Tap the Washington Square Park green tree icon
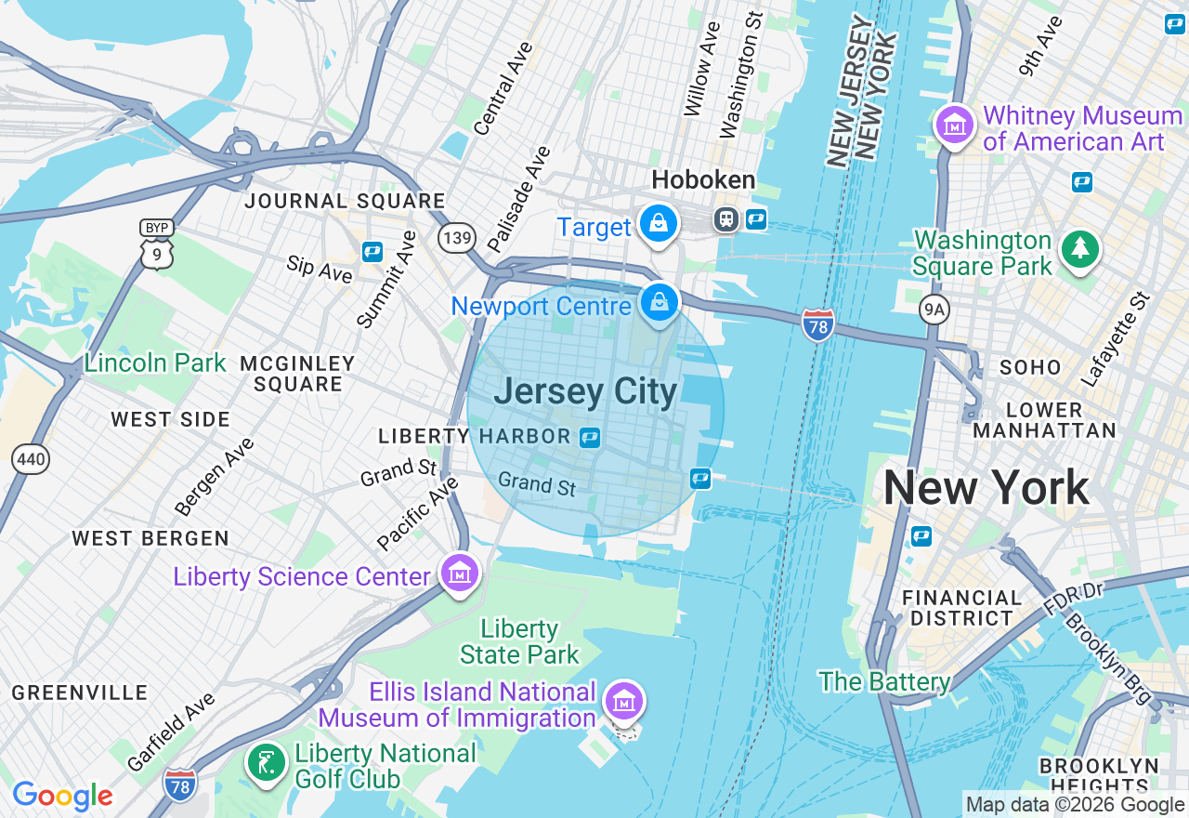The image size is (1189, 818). pyautogui.click(x=1080, y=248)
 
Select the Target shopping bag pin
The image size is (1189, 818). pyautogui.click(x=659, y=223)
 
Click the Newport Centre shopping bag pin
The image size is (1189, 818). pyautogui.click(x=659, y=302)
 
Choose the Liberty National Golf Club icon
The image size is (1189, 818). pyautogui.click(x=267, y=762)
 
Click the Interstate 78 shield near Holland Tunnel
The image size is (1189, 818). pyautogui.click(x=817, y=324)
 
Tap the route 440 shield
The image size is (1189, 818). pyautogui.click(x=30, y=457)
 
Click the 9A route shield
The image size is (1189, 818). pyautogui.click(x=934, y=310)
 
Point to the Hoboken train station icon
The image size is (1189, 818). pyautogui.click(x=725, y=219)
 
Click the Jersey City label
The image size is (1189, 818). pyautogui.click(x=585, y=392)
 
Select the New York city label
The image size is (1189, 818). pyautogui.click(x=986, y=488)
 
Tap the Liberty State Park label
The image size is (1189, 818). pyautogui.click(x=519, y=641)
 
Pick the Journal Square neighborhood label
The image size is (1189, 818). pyautogui.click(x=345, y=201)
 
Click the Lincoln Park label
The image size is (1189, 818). pyautogui.click(x=155, y=363)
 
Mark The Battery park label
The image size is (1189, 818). pyautogui.click(x=884, y=681)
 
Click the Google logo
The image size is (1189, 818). pyautogui.click(x=62, y=796)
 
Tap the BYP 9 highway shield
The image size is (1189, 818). pyautogui.click(x=157, y=244)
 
